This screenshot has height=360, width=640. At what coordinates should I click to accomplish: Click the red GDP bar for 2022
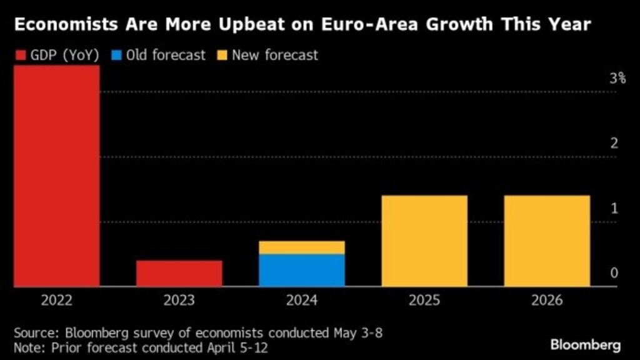(56, 175)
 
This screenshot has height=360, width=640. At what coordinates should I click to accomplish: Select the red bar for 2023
(179, 273)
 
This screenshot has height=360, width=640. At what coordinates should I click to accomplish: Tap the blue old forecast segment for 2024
(302, 270)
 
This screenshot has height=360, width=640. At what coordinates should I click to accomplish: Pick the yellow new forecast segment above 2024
(302, 247)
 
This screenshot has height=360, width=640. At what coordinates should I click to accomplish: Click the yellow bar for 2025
(424, 241)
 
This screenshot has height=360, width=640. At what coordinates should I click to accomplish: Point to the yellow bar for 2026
(547, 241)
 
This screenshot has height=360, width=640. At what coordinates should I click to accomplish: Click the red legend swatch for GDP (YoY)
(19, 55)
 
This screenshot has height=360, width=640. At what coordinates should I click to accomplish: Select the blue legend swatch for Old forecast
(115, 55)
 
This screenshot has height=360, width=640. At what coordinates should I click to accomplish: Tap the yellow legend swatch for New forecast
(221, 55)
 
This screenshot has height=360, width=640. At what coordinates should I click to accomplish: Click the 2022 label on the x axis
(57, 301)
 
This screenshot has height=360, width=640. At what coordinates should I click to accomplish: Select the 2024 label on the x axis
(302, 301)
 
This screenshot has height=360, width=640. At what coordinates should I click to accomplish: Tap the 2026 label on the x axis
(547, 301)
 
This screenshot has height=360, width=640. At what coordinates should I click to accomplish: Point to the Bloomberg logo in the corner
(585, 344)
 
